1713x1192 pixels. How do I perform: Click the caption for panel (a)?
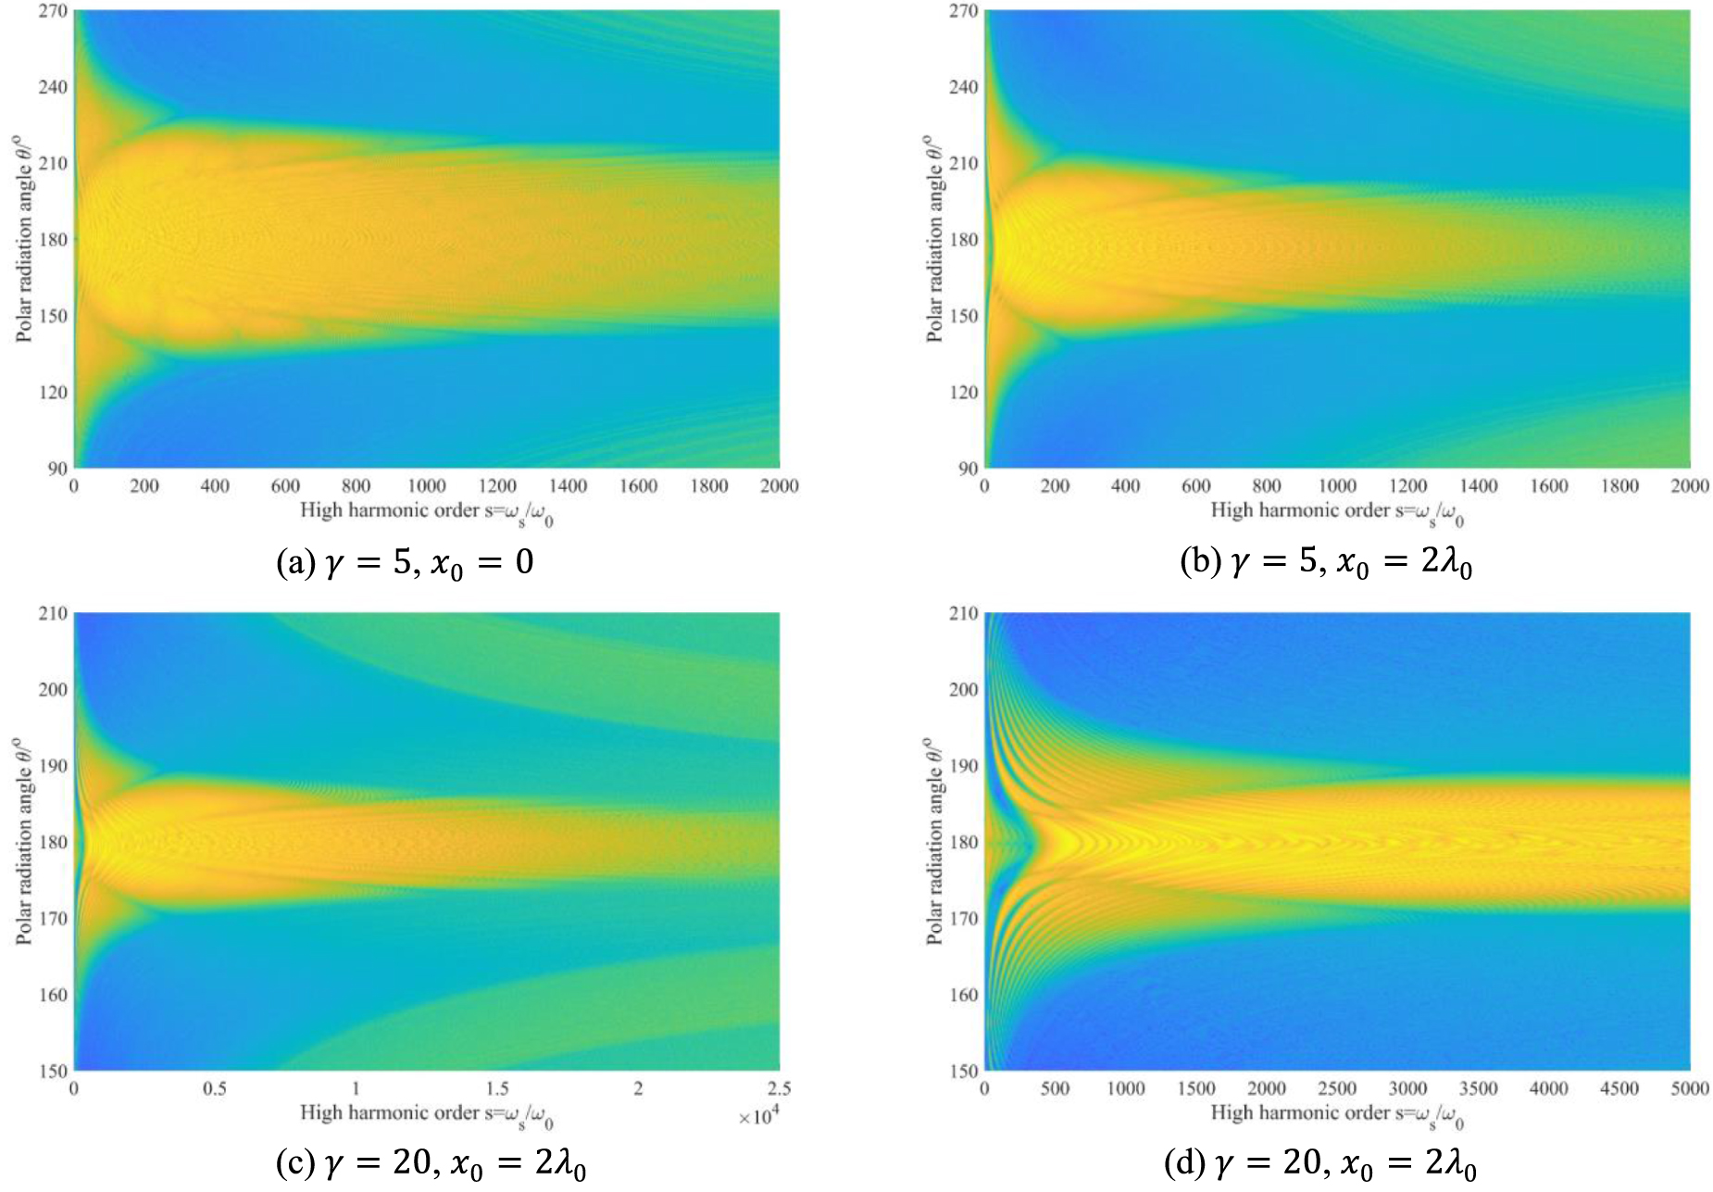tap(405, 563)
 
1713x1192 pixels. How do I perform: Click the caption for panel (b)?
tap(1325, 563)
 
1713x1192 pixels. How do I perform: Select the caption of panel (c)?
tap(430, 1164)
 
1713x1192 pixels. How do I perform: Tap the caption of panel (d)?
tap(1319, 1164)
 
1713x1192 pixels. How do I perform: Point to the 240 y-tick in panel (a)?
tap(53, 87)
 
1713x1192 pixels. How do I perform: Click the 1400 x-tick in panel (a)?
tap(568, 486)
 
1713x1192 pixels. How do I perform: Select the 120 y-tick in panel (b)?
tap(963, 392)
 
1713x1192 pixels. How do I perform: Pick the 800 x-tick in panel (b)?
tap(1266, 486)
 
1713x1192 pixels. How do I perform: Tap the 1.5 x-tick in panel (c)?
tap(497, 1089)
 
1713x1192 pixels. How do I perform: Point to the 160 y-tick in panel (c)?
tap(53, 995)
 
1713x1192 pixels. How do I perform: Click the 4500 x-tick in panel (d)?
tap(1619, 1089)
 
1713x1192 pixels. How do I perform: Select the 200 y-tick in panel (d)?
tap(963, 690)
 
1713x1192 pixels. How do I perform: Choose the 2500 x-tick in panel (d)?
tap(1336, 1089)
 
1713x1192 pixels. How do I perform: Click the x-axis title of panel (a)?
tap(426, 511)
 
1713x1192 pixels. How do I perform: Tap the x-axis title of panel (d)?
tap(1336, 1114)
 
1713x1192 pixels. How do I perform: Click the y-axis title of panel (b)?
tap(933, 239)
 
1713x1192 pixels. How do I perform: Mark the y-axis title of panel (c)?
tap(23, 841)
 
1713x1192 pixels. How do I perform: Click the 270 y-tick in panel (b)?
tap(963, 11)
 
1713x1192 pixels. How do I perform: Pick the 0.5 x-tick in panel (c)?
tap(215, 1089)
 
